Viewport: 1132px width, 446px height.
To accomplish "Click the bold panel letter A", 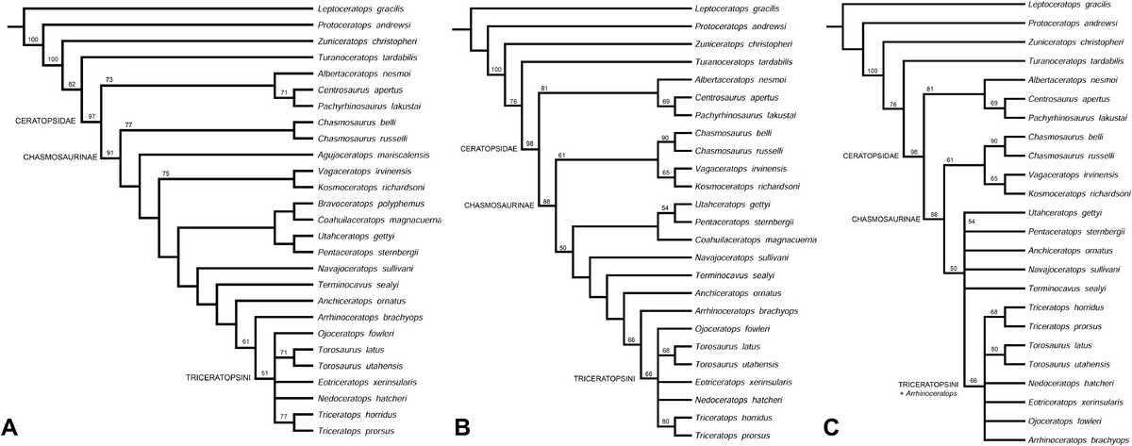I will [x=13, y=426].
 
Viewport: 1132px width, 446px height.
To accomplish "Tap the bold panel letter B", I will [x=463, y=426].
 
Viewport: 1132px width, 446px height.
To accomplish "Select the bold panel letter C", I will [x=831, y=426].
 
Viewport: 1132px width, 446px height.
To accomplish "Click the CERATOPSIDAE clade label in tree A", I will [x=44, y=121].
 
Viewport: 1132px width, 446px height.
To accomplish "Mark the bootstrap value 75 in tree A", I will [x=167, y=173].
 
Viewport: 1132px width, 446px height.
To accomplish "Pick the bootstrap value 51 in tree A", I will [x=264, y=372].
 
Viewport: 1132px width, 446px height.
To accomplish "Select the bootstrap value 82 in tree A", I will [x=72, y=85].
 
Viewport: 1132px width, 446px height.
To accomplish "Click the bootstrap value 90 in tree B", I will [x=664, y=139].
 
